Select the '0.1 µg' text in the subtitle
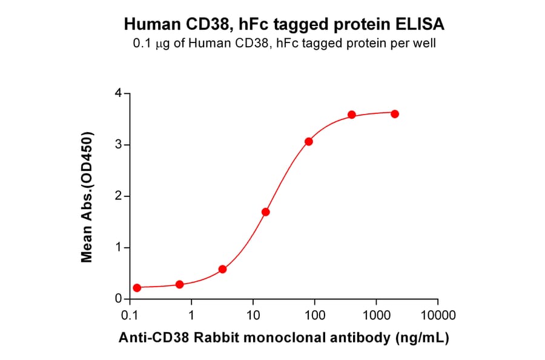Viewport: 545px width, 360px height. click(149, 43)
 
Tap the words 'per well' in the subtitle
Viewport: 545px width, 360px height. click(415, 43)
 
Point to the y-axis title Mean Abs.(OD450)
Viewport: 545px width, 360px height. click(87, 196)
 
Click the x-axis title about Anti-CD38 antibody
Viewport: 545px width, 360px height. click(283, 338)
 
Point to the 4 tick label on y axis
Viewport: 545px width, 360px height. click(119, 93)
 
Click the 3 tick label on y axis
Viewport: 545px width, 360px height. click(119, 145)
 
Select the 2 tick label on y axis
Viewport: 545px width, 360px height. click(119, 196)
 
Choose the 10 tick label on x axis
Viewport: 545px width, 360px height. click(253, 316)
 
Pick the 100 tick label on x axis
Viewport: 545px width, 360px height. click(315, 316)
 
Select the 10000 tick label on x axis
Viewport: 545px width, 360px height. click(437, 316)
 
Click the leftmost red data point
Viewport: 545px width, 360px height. click(137, 288)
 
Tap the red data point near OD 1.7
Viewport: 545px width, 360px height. click(265, 212)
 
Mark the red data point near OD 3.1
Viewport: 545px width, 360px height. click(309, 141)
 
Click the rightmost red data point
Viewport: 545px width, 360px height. click(395, 114)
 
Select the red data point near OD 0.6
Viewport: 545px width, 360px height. click(222, 269)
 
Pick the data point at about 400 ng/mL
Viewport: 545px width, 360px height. click(352, 115)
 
